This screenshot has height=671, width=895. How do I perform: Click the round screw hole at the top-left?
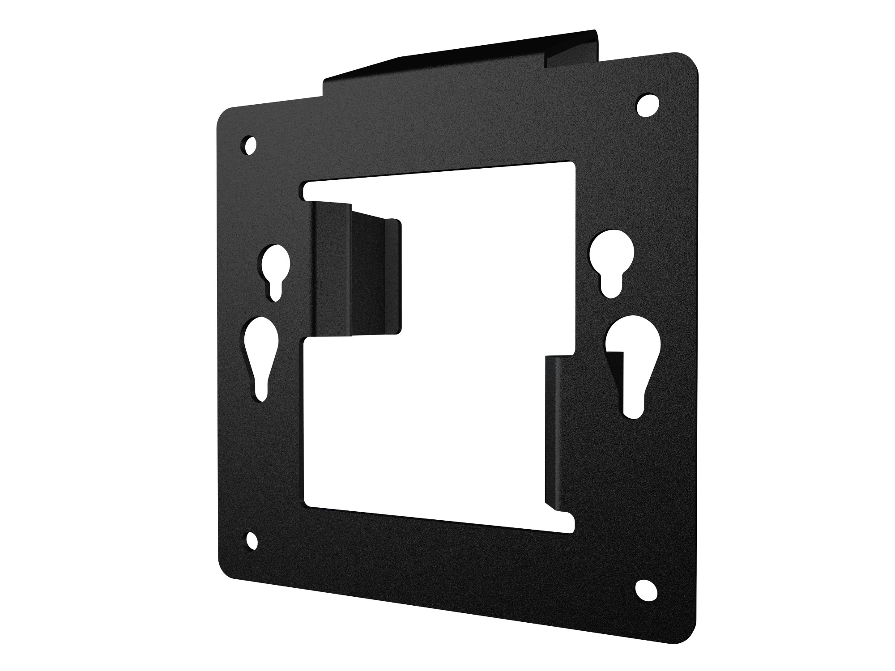pos(250,145)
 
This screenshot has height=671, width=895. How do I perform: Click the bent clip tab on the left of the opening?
pos(354,268)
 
